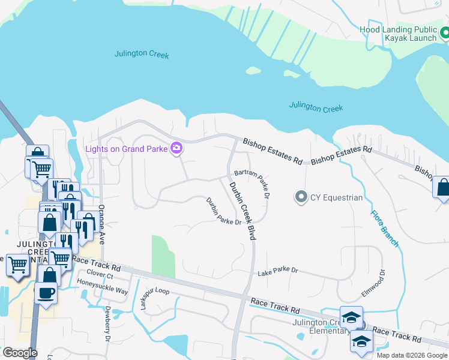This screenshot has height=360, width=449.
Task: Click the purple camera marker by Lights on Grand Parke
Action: (x=176, y=148)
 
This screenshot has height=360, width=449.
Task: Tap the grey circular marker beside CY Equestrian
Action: (x=301, y=196)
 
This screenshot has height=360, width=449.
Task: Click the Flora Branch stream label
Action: (x=384, y=227)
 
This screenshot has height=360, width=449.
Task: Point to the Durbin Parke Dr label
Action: (x=223, y=211)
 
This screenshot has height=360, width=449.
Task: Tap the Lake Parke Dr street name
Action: (x=277, y=271)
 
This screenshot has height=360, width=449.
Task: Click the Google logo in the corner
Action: (x=19, y=353)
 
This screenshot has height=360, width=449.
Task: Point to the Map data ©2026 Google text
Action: (x=411, y=355)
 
